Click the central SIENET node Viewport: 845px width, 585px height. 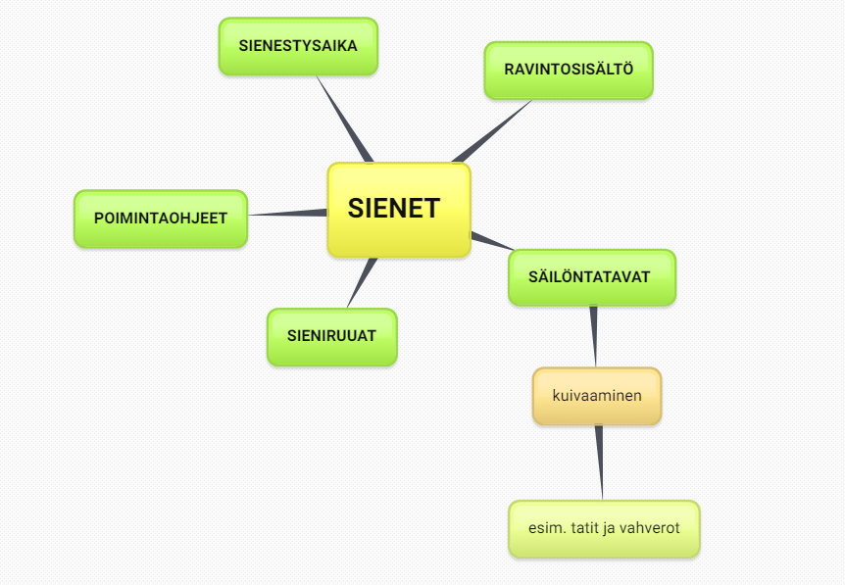click(399, 210)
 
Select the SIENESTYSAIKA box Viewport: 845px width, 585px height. click(298, 46)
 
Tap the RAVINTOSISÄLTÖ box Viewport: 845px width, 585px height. click(569, 71)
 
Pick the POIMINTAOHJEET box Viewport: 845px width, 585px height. click(161, 219)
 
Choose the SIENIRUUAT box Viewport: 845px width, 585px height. click(332, 337)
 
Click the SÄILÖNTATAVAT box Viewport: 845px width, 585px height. click(592, 277)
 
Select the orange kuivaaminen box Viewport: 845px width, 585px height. click(597, 397)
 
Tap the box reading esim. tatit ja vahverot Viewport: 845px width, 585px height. click(604, 529)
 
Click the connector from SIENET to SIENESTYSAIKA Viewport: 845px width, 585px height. click(345, 119)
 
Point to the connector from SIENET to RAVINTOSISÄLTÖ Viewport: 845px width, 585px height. click(491, 131)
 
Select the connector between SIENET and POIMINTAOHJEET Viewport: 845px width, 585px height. click(287, 214)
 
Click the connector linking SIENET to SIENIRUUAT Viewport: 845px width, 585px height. click(362, 283)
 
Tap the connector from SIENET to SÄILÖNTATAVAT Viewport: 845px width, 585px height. click(492, 241)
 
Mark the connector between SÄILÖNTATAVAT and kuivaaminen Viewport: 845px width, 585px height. click(594, 337)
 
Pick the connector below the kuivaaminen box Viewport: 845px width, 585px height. click(599, 463)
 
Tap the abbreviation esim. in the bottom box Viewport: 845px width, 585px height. click(548, 528)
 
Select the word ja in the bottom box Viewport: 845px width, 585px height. click(609, 529)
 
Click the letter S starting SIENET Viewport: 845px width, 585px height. click(357, 209)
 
